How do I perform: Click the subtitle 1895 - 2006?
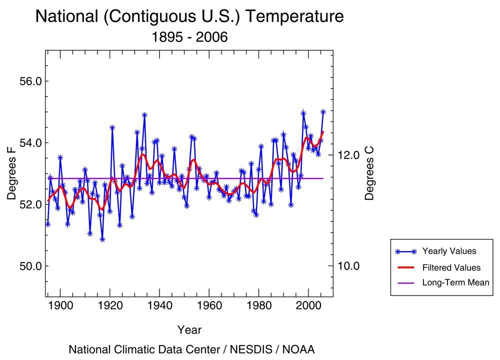coord(189,37)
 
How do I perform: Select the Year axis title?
coord(189,330)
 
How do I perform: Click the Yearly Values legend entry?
coord(449,251)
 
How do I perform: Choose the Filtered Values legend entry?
coord(451,267)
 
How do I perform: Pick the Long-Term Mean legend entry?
coord(455,283)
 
